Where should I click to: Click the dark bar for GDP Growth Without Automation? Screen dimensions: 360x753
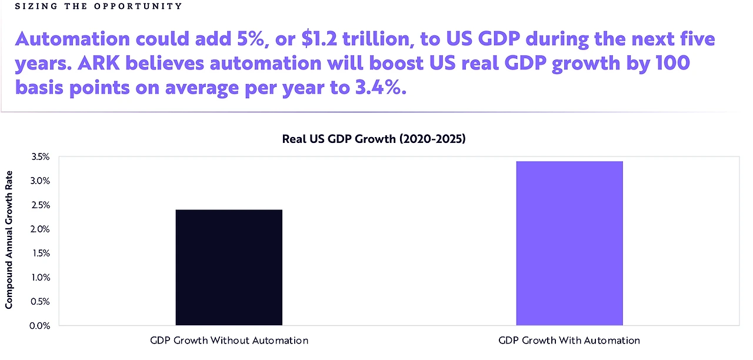point(229,267)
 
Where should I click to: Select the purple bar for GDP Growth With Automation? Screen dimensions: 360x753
point(569,243)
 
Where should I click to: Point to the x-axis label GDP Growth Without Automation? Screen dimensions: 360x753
point(229,340)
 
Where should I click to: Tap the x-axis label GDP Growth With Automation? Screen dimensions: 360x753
point(569,340)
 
